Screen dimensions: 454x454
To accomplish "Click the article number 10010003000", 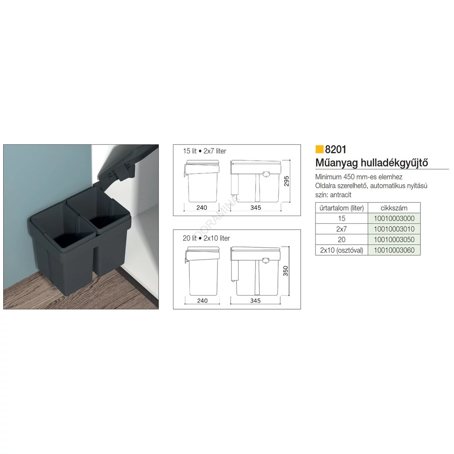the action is pos(394,218).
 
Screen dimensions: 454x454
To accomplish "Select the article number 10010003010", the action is pos(394,229).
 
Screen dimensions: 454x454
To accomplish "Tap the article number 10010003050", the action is pos(394,239).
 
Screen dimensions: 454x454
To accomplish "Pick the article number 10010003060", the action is pos(394,250).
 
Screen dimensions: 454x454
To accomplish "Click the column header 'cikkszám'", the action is pos(394,208).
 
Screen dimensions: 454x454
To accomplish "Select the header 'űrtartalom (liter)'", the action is pos(342,208).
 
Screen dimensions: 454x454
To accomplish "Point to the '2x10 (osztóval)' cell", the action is pos(342,250).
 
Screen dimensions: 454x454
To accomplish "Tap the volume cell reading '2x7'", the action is pos(342,229).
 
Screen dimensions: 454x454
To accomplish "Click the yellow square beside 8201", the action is pos(319,149).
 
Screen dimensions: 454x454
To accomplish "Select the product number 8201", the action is pos(336,149).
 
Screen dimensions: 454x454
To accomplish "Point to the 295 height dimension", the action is pos(286,181).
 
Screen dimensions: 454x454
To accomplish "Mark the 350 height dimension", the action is pos(286,271).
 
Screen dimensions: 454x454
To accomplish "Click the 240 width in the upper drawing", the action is pos(202,207).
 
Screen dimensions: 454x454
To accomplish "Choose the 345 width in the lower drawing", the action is pos(255,301).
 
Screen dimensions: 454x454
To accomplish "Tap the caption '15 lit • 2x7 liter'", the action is pos(204,151).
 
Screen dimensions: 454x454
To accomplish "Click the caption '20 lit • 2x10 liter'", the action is pos(206,238).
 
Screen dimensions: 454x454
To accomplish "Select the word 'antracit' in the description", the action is pos(340,195).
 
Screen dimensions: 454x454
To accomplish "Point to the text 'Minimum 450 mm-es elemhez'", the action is pos(359,177).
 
